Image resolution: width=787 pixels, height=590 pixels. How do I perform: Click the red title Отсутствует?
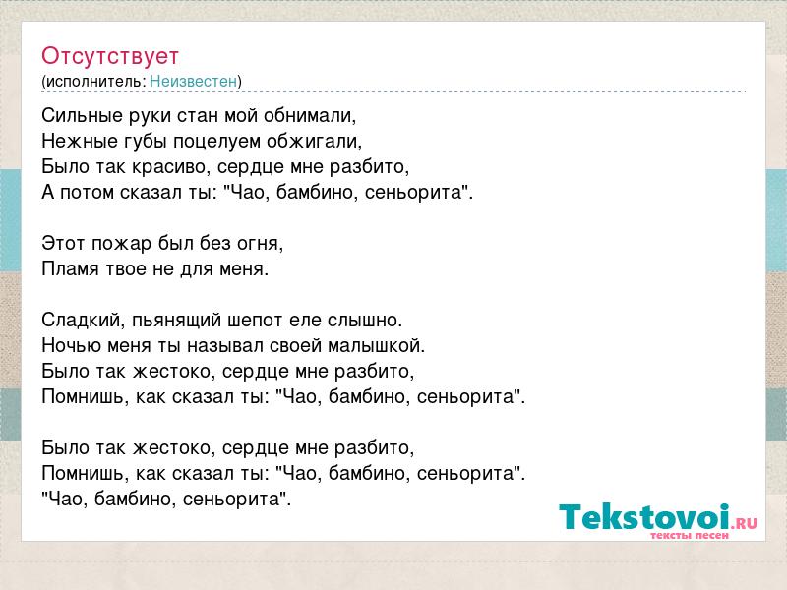point(110,56)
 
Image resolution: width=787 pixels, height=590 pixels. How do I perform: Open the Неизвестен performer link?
point(193,81)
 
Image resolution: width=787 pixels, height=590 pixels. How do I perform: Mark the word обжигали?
point(314,142)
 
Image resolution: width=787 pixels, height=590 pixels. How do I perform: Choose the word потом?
point(87,193)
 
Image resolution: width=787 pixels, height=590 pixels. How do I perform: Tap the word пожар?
point(121,244)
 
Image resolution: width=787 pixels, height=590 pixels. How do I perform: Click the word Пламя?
point(70,268)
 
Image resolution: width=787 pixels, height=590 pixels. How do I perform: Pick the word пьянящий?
point(177,321)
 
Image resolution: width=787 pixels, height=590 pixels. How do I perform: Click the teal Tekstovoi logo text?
point(644,516)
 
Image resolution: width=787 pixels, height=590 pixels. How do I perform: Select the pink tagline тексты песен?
point(690,535)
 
